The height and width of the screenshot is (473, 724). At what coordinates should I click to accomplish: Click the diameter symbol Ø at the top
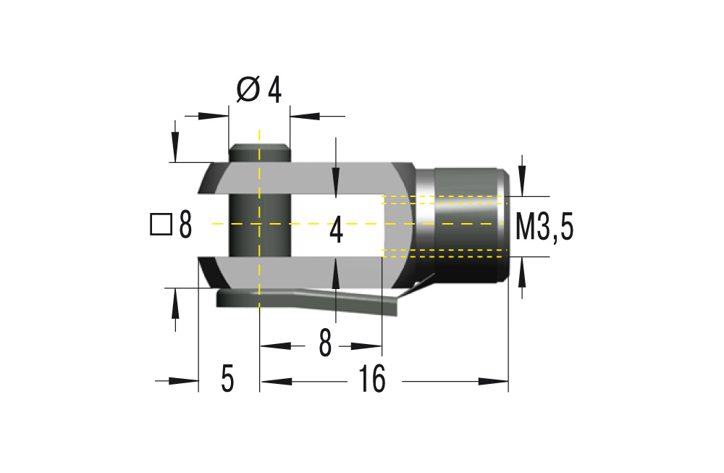tap(248, 90)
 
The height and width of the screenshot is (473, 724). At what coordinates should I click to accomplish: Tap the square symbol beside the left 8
tap(160, 225)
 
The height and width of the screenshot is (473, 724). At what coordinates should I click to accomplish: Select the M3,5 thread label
tap(544, 227)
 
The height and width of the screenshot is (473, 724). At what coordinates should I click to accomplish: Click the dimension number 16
tap(372, 380)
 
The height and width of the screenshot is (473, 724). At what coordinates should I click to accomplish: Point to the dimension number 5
tap(227, 380)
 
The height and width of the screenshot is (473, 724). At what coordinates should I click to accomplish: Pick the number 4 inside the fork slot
tap(335, 231)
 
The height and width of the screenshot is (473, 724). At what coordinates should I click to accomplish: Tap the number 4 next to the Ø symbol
tap(274, 90)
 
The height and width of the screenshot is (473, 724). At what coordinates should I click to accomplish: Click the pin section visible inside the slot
tap(259, 225)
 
